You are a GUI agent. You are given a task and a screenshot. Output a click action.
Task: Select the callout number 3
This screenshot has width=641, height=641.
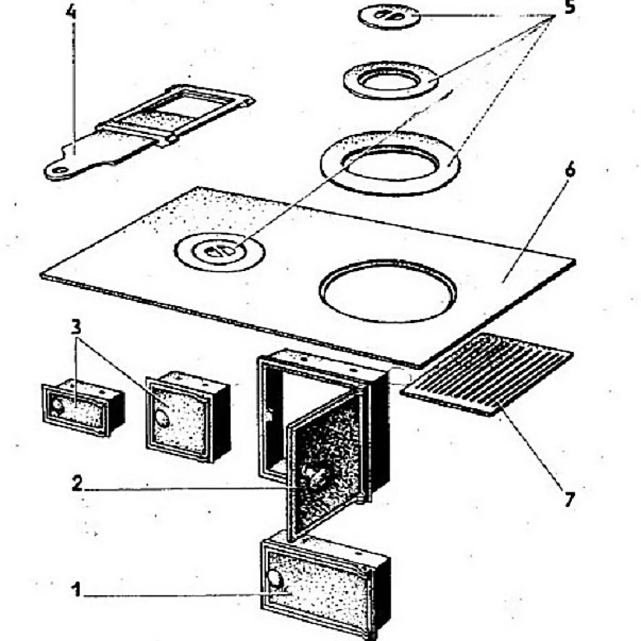pyautogui.click(x=76, y=327)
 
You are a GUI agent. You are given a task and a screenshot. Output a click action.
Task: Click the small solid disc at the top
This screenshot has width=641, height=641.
pyautogui.click(x=389, y=16)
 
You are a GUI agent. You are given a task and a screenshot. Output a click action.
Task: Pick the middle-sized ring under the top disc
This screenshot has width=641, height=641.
pyautogui.click(x=391, y=79)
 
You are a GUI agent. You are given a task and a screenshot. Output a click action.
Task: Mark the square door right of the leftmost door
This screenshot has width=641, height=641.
pyautogui.click(x=187, y=416)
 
